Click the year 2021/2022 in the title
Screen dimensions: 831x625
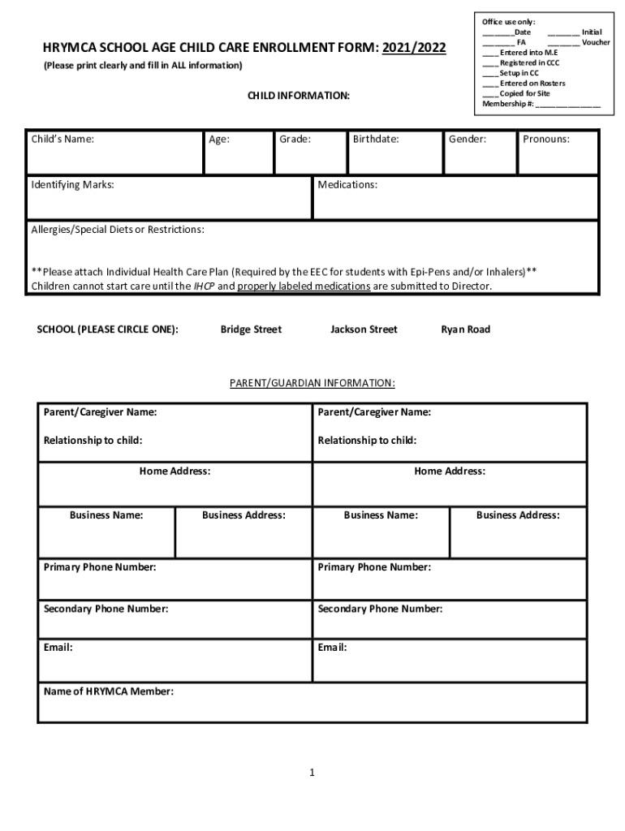[414, 48]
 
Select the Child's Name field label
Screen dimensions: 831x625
[62, 139]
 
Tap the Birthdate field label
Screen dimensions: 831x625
[375, 139]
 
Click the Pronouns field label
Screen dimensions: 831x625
[545, 139]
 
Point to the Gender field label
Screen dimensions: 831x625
[467, 139]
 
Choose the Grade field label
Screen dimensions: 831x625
[295, 139]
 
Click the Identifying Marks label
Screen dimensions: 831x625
[72, 185]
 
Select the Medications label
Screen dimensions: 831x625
[347, 185]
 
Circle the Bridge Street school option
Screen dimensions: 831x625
[251, 329]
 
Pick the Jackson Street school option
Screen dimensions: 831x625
[364, 329]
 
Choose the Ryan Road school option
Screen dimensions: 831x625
[465, 329]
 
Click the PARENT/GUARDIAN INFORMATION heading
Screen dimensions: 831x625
[312, 382]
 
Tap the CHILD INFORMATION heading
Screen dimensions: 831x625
[299, 96]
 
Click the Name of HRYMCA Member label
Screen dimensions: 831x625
[108, 692]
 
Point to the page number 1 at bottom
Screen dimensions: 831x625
[312, 773]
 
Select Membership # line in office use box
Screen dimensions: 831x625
[541, 104]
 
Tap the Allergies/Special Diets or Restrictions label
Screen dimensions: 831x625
[118, 230]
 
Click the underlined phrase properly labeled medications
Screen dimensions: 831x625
[304, 286]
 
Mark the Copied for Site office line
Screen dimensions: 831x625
[524, 93]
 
